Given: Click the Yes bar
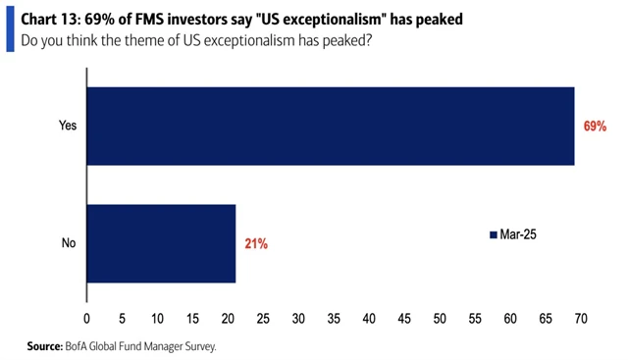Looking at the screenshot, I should tap(331, 127).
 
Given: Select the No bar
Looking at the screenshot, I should tap(162, 243).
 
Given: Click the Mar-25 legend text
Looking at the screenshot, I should tap(516, 234).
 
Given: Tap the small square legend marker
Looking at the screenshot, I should tap(494, 235).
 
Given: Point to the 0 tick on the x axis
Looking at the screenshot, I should tap(87, 318).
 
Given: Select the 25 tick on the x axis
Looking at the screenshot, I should tap(263, 318).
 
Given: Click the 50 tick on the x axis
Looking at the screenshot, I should tap(440, 318).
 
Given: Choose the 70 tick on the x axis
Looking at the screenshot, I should tap(581, 318).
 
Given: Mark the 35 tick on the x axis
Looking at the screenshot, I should tap(334, 318).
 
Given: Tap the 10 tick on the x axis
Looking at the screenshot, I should tap(158, 318).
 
